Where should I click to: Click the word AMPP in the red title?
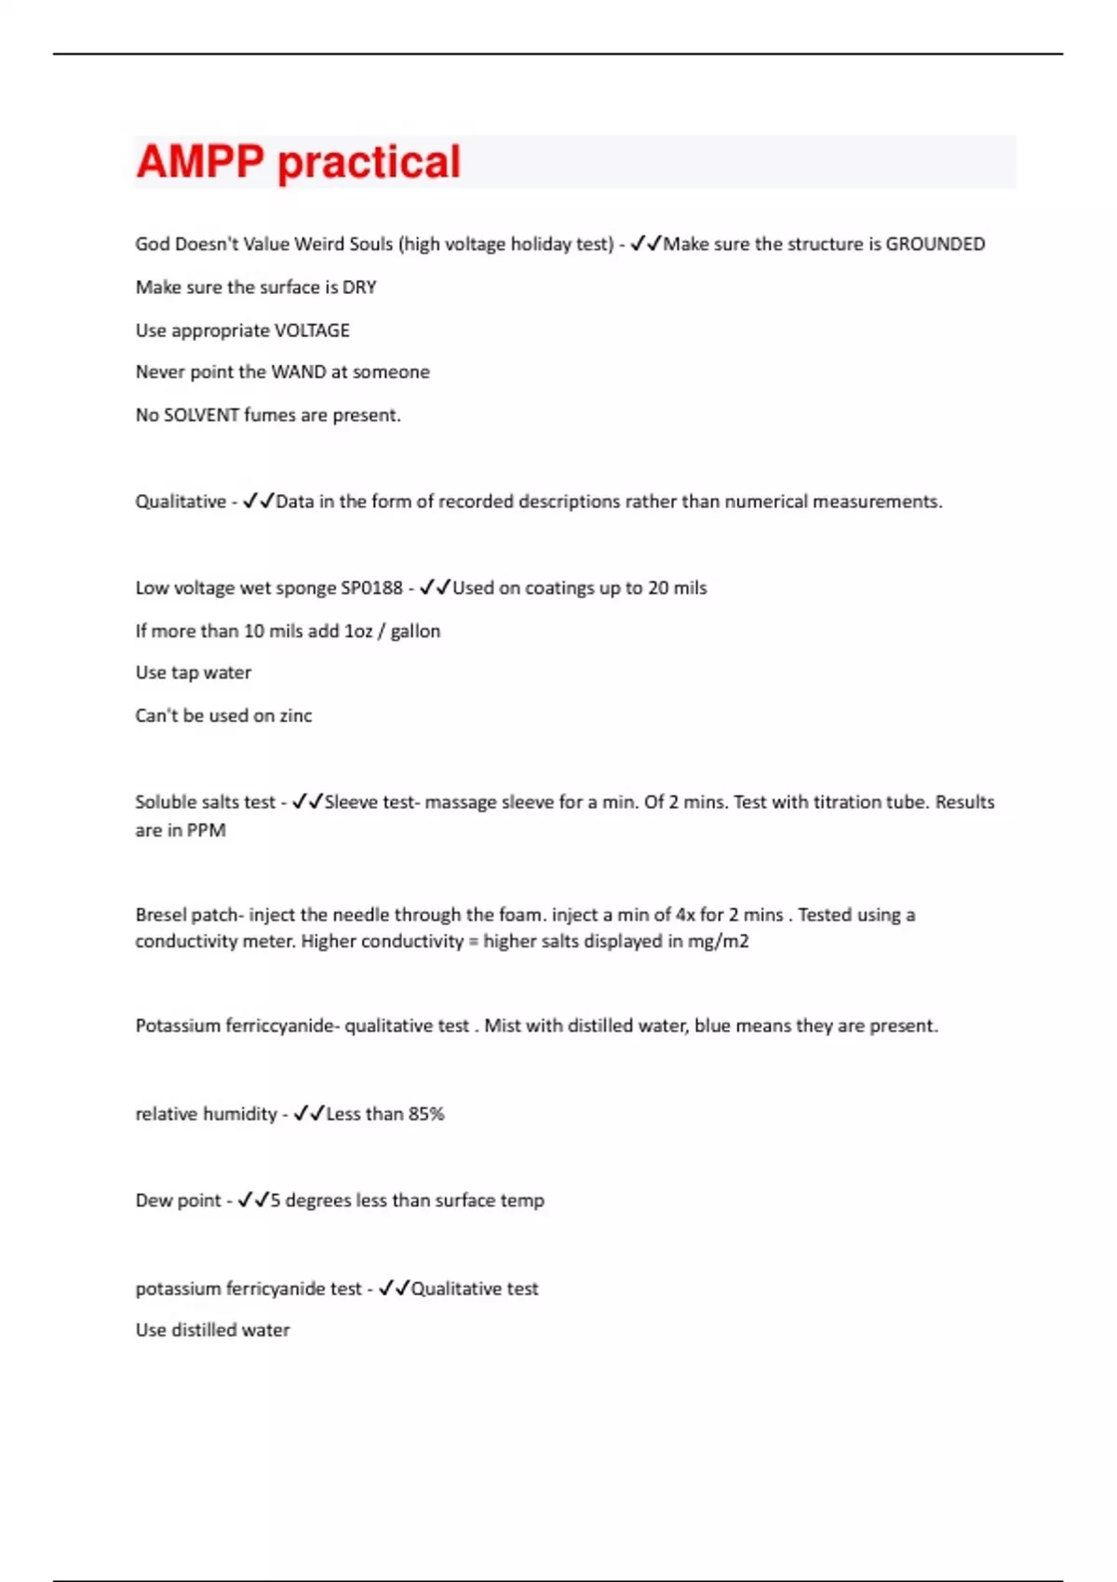(200, 162)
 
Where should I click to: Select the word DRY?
(359, 288)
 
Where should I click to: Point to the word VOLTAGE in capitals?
(312, 330)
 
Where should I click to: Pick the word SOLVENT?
(201, 415)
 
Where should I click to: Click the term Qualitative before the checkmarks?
(181, 502)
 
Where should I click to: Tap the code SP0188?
(371, 588)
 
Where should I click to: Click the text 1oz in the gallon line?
(358, 631)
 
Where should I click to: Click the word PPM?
(207, 830)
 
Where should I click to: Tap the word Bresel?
(160, 915)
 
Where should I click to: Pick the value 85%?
(426, 1114)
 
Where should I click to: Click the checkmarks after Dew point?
(253, 1200)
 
